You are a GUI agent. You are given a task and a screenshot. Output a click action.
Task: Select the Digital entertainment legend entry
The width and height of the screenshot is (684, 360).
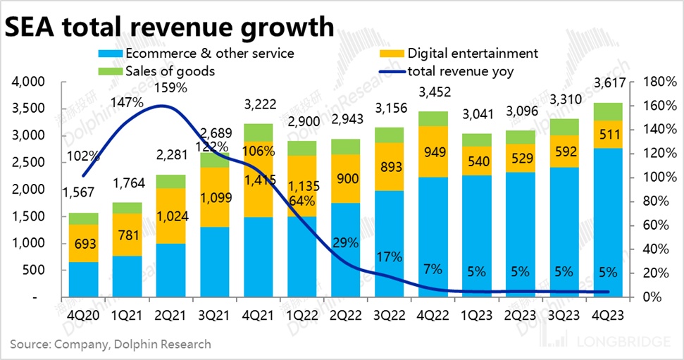[472, 53]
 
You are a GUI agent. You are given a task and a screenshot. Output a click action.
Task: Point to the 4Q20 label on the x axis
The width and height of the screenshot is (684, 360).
[83, 315]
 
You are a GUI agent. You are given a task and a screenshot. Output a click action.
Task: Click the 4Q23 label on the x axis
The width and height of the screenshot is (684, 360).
[608, 315]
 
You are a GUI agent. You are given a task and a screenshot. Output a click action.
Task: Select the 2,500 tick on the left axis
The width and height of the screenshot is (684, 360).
[29, 163]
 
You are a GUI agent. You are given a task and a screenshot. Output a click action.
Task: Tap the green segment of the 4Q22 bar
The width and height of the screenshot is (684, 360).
[433, 118]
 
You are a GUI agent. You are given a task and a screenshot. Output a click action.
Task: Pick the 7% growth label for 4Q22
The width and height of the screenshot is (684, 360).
[433, 269]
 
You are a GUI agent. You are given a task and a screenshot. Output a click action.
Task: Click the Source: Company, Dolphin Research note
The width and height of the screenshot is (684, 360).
[110, 345]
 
